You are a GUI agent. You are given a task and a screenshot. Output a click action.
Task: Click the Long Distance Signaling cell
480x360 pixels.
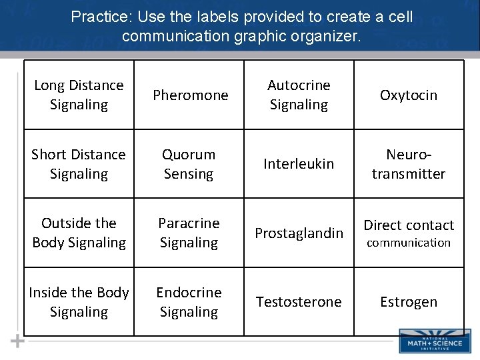[x=79, y=95]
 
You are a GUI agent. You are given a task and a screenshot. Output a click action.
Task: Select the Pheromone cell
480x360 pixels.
[x=190, y=95]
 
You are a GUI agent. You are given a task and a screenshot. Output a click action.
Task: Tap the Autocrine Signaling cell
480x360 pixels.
[x=299, y=95]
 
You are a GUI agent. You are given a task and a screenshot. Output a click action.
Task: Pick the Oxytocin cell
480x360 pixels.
[x=409, y=95]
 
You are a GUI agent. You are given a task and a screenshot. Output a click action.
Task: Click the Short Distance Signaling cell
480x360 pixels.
[x=79, y=164]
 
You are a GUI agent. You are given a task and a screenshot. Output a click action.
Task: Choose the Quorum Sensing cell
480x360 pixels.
[x=189, y=164]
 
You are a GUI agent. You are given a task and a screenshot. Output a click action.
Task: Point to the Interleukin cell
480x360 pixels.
[x=299, y=164]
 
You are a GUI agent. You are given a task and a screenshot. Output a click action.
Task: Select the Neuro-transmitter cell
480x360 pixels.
[x=409, y=164]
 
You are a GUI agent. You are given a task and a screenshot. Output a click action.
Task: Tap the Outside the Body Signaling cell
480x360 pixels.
[x=79, y=233]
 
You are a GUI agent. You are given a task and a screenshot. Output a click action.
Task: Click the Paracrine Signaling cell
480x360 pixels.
[x=189, y=233]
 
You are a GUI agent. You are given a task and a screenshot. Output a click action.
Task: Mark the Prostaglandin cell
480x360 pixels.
[x=299, y=233]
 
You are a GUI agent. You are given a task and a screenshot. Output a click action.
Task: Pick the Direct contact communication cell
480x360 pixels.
[x=409, y=233]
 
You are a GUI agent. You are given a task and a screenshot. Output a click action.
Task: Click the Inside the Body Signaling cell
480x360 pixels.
[x=79, y=302]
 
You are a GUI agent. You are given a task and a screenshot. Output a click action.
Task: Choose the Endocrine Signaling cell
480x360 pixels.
[x=189, y=302]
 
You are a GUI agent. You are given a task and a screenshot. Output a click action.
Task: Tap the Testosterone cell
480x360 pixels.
[x=299, y=302]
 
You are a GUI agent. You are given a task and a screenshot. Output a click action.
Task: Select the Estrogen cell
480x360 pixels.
[x=409, y=302]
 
